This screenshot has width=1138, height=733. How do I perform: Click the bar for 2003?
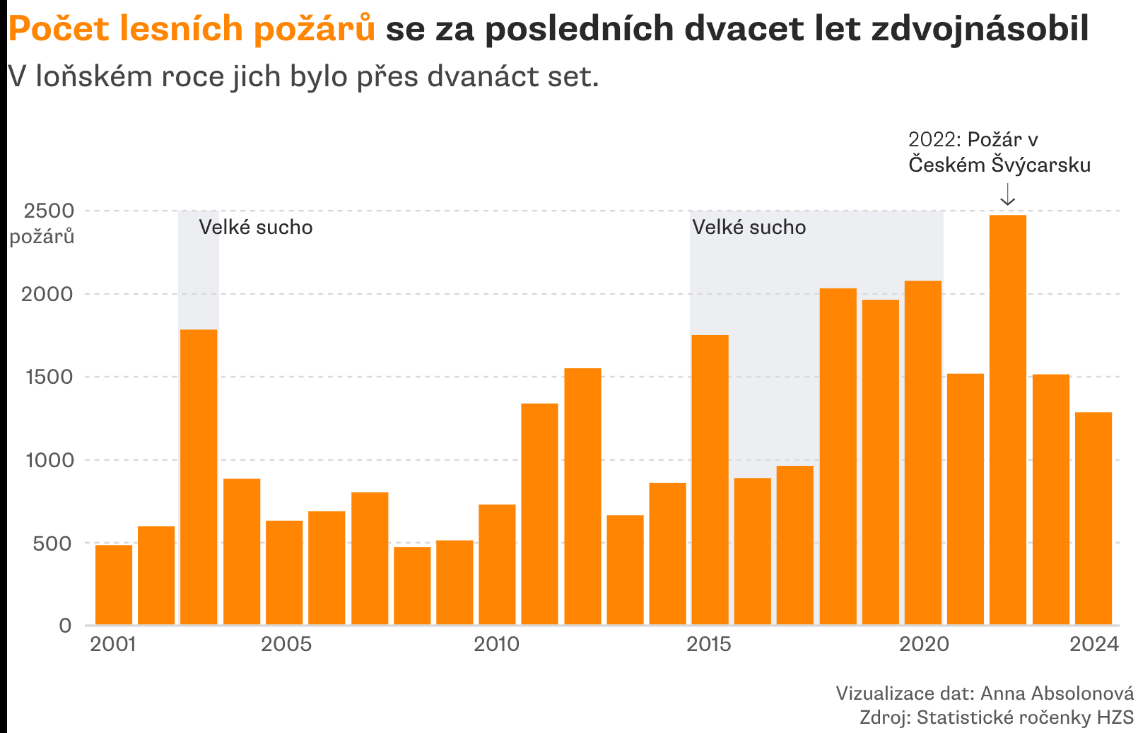tap(199, 477)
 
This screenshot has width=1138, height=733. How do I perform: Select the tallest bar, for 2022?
tap(1008, 420)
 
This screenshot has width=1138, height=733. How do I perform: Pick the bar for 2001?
tap(114, 585)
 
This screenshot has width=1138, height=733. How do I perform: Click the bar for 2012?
tap(582, 496)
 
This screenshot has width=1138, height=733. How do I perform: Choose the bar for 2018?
tap(838, 457)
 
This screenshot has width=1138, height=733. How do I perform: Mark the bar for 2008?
tap(412, 586)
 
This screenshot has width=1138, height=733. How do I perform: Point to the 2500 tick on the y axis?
tap(49, 211)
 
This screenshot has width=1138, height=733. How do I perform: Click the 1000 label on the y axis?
tap(49, 460)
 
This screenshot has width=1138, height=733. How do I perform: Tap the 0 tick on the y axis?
tap(65, 626)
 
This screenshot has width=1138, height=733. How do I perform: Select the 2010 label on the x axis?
tap(496, 644)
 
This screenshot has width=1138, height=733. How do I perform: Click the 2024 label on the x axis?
tap(1093, 644)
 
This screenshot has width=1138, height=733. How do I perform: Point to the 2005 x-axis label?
tap(286, 644)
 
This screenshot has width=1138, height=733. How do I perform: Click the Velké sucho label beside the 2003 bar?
tap(255, 227)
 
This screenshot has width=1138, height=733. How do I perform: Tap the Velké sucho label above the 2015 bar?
tap(749, 227)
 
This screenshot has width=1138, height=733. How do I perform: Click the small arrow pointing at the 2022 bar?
tap(1008, 194)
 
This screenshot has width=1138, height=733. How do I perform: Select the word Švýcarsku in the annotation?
tap(1041, 165)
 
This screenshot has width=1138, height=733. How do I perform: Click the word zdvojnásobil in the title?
tap(980, 29)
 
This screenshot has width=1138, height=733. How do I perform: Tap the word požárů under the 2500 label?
tap(42, 236)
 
